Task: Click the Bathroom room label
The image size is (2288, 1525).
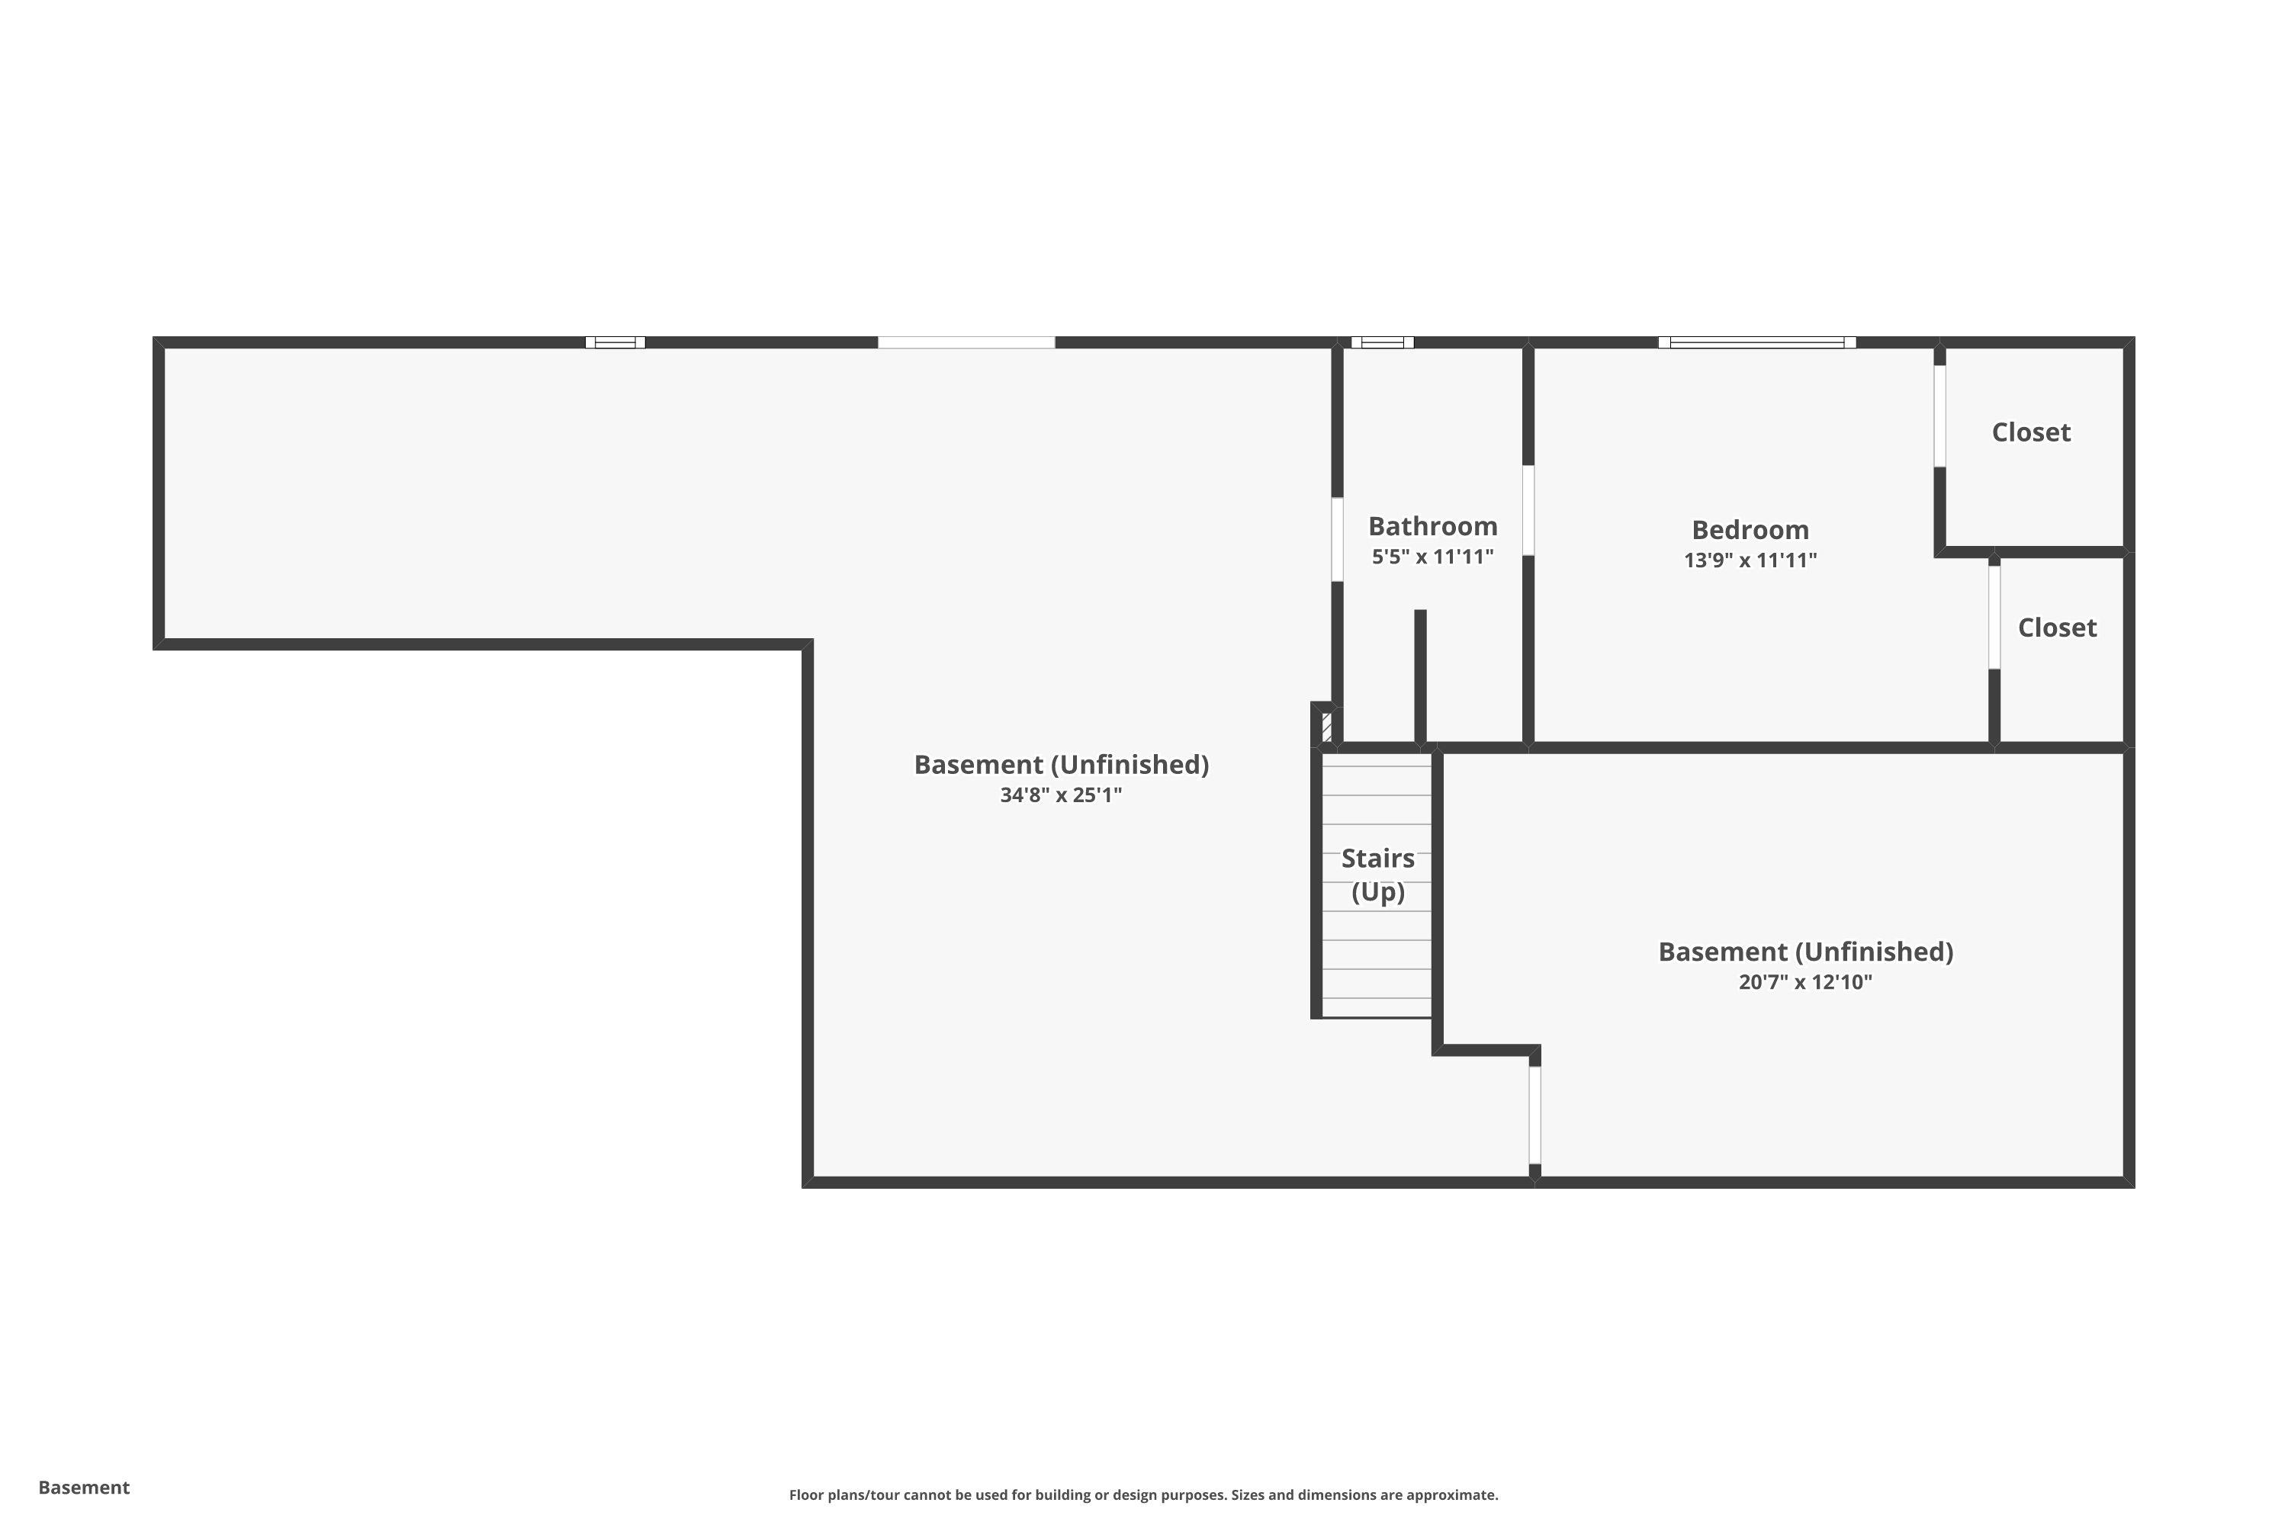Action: click(x=1432, y=526)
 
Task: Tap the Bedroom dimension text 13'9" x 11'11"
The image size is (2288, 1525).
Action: click(x=1750, y=560)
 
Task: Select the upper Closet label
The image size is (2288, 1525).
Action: click(x=2030, y=432)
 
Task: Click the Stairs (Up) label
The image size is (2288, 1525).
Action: click(x=1377, y=875)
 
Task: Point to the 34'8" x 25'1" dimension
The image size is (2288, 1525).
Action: click(x=1060, y=795)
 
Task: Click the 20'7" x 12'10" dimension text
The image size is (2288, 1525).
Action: click(x=1804, y=981)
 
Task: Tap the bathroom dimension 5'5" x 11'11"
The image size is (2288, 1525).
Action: click(x=1432, y=557)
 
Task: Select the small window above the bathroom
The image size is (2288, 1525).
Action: click(x=1381, y=342)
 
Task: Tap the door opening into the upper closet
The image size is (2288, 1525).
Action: click(x=1939, y=416)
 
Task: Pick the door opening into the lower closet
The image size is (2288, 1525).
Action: click(x=1994, y=617)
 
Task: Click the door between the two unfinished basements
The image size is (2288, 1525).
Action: click(x=1535, y=1115)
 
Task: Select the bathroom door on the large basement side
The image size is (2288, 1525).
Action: click(x=1337, y=539)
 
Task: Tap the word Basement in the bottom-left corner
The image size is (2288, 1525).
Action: click(x=84, y=1487)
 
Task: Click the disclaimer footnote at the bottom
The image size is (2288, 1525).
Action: click(x=1143, y=1494)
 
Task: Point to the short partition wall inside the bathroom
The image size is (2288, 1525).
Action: click(x=1420, y=676)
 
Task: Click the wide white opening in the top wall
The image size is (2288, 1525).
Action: click(x=966, y=342)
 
